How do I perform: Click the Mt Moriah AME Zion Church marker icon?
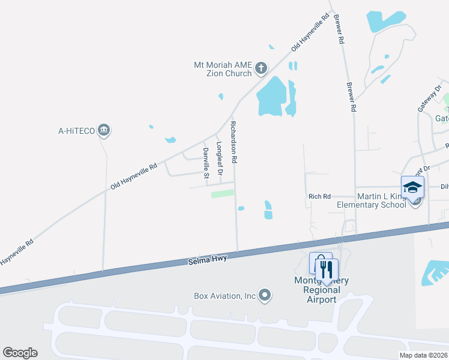coord(261,69)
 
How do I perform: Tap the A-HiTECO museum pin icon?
coord(104,130)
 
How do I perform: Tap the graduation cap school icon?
coord(412,187)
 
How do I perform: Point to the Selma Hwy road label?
coord(203,260)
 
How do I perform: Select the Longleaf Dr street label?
coord(220,158)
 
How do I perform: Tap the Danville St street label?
coord(205,163)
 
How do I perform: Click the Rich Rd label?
coord(319,196)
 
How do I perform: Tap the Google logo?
coord(20,352)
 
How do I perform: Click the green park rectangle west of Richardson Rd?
coord(223,194)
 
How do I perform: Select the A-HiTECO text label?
coord(76,130)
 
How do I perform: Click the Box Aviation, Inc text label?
coord(225,295)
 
